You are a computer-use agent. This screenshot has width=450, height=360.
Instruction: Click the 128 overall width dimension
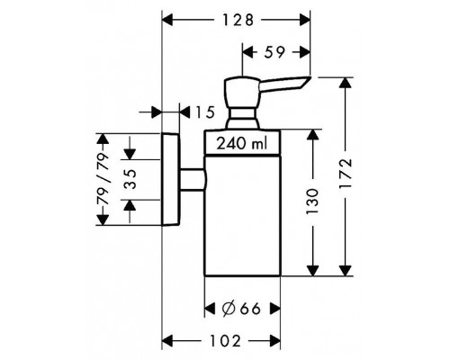(238, 20)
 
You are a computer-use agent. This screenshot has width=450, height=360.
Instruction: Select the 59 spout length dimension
(274, 52)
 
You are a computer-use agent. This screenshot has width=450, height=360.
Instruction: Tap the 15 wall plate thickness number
(205, 112)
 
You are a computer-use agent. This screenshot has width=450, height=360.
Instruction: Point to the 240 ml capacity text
(242, 143)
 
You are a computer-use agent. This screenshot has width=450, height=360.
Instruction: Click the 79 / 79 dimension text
(103, 179)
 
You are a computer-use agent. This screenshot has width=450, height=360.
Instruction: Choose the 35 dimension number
(130, 179)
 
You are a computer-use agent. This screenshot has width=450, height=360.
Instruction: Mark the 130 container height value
(312, 202)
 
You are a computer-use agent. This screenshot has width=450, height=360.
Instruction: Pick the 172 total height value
(345, 174)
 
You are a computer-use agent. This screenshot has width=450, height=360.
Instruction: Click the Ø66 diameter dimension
(241, 309)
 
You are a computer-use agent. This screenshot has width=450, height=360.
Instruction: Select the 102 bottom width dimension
(225, 341)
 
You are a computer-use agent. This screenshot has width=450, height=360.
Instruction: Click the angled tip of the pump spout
(304, 83)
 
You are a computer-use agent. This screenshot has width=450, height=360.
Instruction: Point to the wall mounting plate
(170, 179)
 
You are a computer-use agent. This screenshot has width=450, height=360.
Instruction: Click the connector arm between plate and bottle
(193, 179)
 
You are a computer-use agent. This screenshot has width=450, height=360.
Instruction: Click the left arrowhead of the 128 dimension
(168, 20)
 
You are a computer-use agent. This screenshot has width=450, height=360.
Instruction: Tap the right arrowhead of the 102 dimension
(274, 341)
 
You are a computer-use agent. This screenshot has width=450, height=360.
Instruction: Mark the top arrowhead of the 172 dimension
(345, 83)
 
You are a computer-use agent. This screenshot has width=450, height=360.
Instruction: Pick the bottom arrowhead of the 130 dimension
(312, 270)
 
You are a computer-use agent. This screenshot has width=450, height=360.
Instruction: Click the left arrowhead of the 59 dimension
(247, 52)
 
